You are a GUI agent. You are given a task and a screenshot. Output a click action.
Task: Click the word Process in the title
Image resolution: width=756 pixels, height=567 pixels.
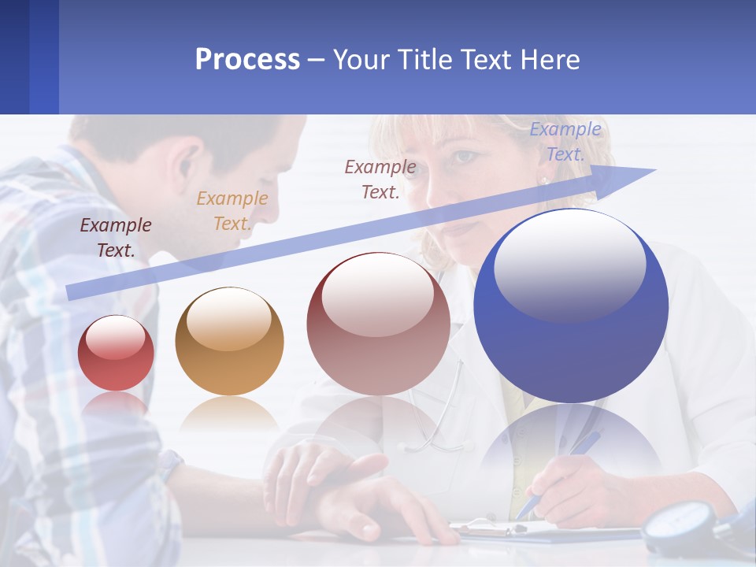pyautogui.click(x=247, y=60)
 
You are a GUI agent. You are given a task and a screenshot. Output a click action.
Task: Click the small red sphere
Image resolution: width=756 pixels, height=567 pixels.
pyautogui.click(x=116, y=353)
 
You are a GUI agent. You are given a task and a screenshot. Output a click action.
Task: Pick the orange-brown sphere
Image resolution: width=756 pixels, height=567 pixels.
pyautogui.click(x=229, y=341)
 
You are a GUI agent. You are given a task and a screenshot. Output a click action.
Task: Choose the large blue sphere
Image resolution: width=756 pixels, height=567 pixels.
pyautogui.click(x=571, y=306)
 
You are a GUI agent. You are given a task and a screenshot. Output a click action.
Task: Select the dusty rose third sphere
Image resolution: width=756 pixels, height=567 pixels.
pyautogui.click(x=378, y=324)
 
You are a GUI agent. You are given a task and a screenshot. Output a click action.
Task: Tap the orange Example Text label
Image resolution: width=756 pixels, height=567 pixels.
pyautogui.click(x=232, y=211)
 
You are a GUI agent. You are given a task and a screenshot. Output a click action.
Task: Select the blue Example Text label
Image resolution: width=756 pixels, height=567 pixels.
pyautogui.click(x=565, y=142)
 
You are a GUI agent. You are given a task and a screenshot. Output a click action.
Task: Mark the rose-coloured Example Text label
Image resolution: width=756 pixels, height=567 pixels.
pyautogui.click(x=380, y=179)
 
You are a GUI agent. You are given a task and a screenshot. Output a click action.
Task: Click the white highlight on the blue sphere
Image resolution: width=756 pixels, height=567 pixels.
pyautogui.click(x=569, y=264)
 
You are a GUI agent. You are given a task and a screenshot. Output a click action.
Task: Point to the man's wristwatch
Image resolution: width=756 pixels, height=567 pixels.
pyautogui.click(x=170, y=465)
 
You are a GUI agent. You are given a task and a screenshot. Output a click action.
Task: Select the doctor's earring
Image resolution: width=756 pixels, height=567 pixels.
pyautogui.click(x=543, y=181)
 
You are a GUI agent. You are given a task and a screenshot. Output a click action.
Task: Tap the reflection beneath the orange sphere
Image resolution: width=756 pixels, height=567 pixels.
pyautogui.click(x=229, y=413)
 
